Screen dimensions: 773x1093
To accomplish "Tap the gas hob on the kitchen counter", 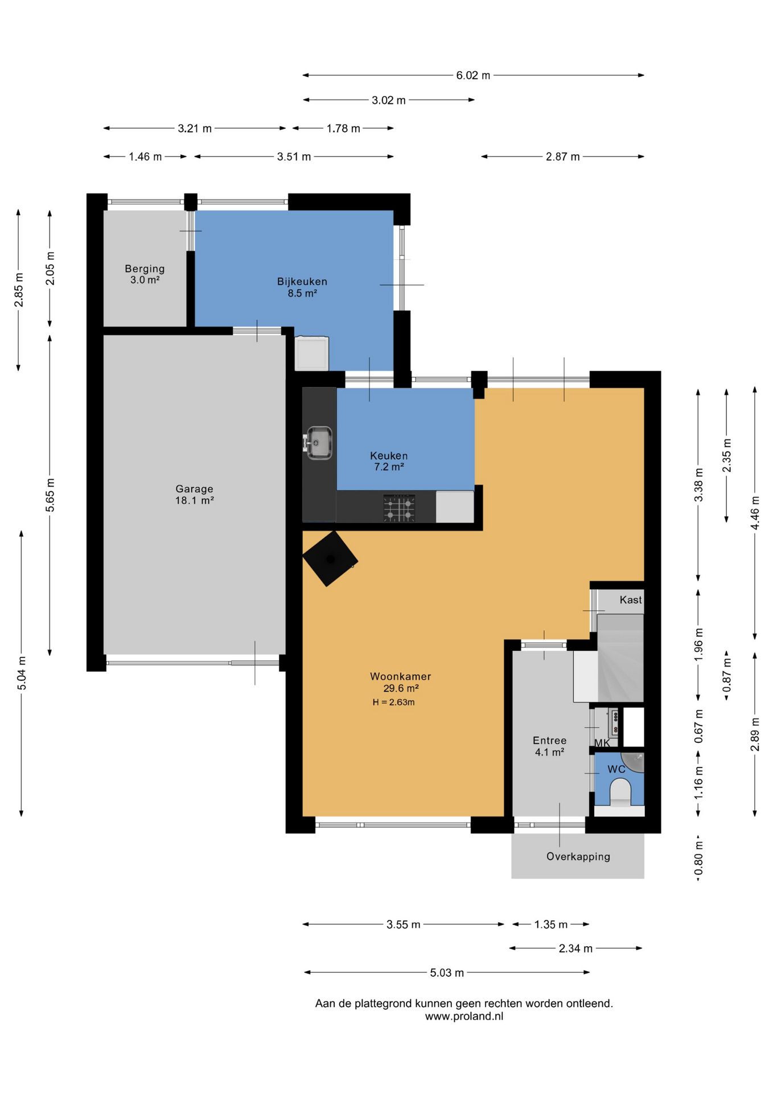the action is click(x=398, y=508).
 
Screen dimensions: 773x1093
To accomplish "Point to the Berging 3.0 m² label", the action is click(x=145, y=274).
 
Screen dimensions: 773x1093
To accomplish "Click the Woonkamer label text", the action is click(x=401, y=676).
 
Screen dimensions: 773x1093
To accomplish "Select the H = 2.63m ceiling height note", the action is click(x=394, y=702).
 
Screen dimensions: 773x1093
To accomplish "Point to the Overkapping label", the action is click(x=578, y=857).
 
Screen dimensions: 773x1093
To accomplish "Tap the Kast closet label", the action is click(x=631, y=599).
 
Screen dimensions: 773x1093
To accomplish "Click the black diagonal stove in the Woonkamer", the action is click(x=330, y=558).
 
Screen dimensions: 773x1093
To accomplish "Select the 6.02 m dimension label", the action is click(x=473, y=75).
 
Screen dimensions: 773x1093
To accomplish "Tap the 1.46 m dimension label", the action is click(x=145, y=157).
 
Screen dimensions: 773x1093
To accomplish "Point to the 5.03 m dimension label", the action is click(x=447, y=972).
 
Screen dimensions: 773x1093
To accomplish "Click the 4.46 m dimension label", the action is click(x=755, y=512).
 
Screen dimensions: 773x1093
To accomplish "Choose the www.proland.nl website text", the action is click(x=464, y=1016).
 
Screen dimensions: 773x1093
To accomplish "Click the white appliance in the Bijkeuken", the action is click(x=311, y=353).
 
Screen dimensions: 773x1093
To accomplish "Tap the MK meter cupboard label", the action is click(x=602, y=743).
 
